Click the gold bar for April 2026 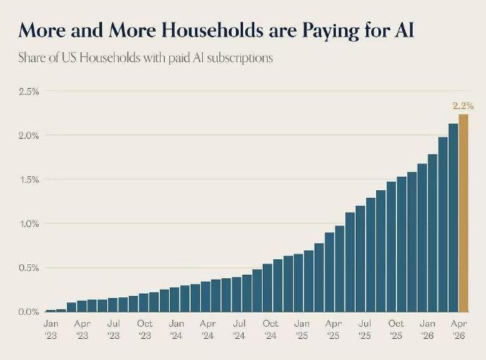[463, 213]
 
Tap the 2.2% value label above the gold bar [463, 106]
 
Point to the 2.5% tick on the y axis [29, 92]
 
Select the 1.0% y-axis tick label [29, 224]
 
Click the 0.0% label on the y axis [29, 311]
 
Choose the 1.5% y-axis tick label [29, 180]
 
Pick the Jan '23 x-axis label [51, 330]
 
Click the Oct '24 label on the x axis [270, 330]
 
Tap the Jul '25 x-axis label [365, 330]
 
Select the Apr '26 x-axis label [459, 330]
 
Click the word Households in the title [212, 30]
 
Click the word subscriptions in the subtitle [240, 58]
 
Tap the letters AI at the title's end [404, 30]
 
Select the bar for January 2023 [51, 311]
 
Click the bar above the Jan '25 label [299, 283]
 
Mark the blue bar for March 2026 [453, 218]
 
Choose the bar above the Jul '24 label [237, 294]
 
